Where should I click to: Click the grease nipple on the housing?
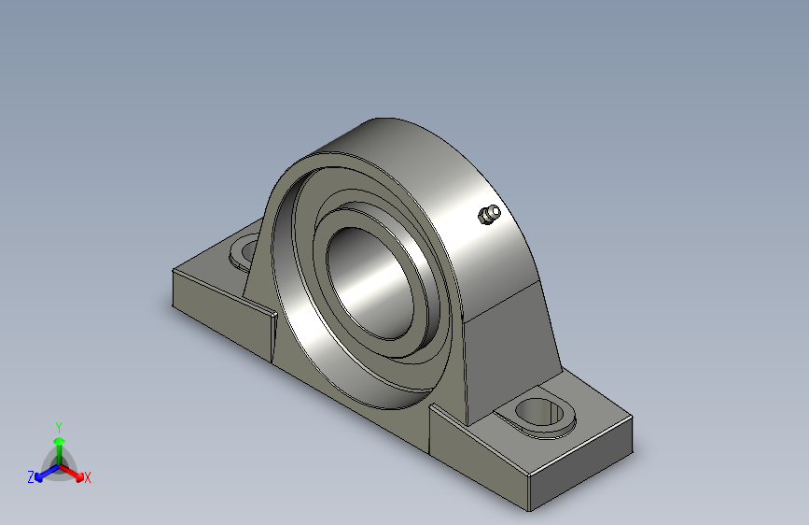[489, 215]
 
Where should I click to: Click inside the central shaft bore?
[370, 283]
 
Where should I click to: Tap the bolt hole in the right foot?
[540, 413]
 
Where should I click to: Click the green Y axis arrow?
[60, 449]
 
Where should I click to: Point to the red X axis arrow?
[72, 473]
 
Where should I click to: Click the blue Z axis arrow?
[47, 473]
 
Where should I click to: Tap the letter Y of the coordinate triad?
[59, 428]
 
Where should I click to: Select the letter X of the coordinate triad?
[87, 477]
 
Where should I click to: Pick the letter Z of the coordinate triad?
[31, 477]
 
